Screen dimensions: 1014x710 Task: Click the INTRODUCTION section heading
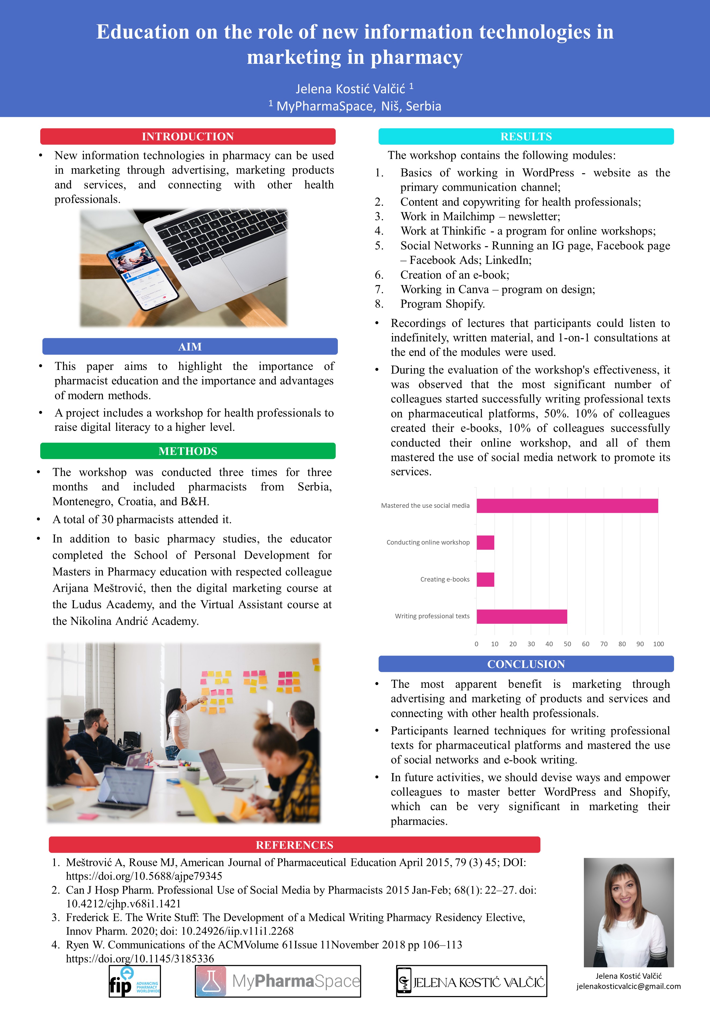188,137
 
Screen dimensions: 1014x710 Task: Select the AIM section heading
190,347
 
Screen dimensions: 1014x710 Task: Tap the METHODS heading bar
188,451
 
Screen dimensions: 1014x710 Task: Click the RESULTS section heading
526,137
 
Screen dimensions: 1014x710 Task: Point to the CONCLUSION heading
526,664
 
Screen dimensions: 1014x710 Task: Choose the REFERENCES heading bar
294,845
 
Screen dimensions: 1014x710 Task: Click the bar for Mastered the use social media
567,506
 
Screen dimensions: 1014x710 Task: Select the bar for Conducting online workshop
485,542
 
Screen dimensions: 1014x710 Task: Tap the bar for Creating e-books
485,579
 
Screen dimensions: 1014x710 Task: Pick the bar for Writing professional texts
521,616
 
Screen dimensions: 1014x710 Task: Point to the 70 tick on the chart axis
603,644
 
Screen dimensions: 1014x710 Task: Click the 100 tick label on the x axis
658,644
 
